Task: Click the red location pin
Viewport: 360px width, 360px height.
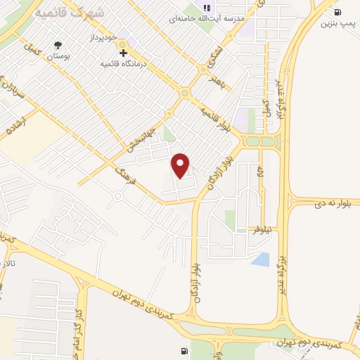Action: [x=181, y=165]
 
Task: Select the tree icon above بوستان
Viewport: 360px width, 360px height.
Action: [x=56, y=48]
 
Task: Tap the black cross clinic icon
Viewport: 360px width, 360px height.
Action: [x=123, y=53]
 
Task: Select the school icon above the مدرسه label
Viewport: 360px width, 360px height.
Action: [x=207, y=8]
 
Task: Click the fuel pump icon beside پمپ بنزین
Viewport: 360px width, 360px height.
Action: [x=337, y=12]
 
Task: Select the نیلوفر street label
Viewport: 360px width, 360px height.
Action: [x=267, y=230]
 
